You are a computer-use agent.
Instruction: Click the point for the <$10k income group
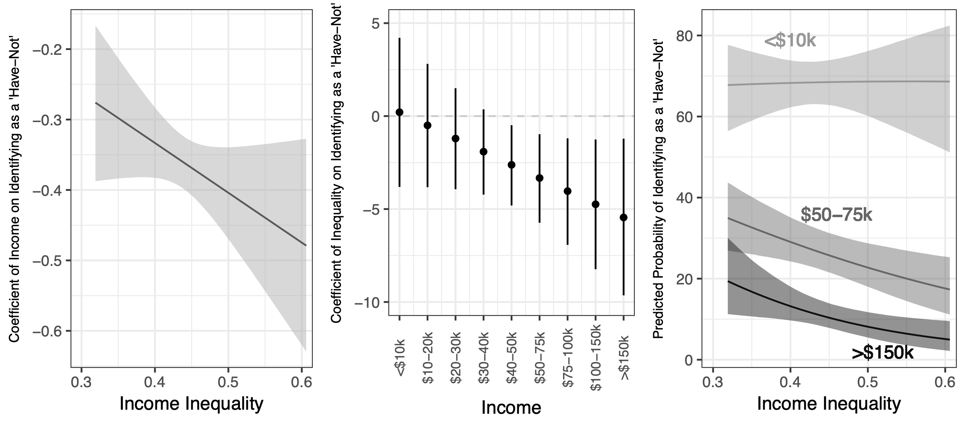coord(399,112)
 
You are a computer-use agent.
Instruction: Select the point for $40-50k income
coord(511,165)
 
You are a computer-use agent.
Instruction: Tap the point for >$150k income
coord(623,218)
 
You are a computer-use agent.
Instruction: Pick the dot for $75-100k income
coord(568,191)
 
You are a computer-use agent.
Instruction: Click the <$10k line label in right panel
coord(790,41)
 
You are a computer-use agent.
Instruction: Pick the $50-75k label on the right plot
coord(836,215)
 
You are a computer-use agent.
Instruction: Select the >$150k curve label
coord(882,353)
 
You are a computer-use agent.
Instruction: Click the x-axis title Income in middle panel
coord(511,408)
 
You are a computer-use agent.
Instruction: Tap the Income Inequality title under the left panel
coord(191,404)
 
